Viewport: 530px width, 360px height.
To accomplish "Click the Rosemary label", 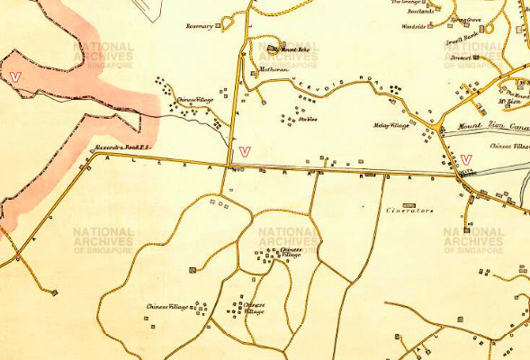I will [199, 26].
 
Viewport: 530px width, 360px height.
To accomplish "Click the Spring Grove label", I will [466, 18].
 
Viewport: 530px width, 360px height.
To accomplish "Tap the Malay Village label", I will [391, 126].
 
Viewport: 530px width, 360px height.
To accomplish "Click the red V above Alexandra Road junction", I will [246, 150].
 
